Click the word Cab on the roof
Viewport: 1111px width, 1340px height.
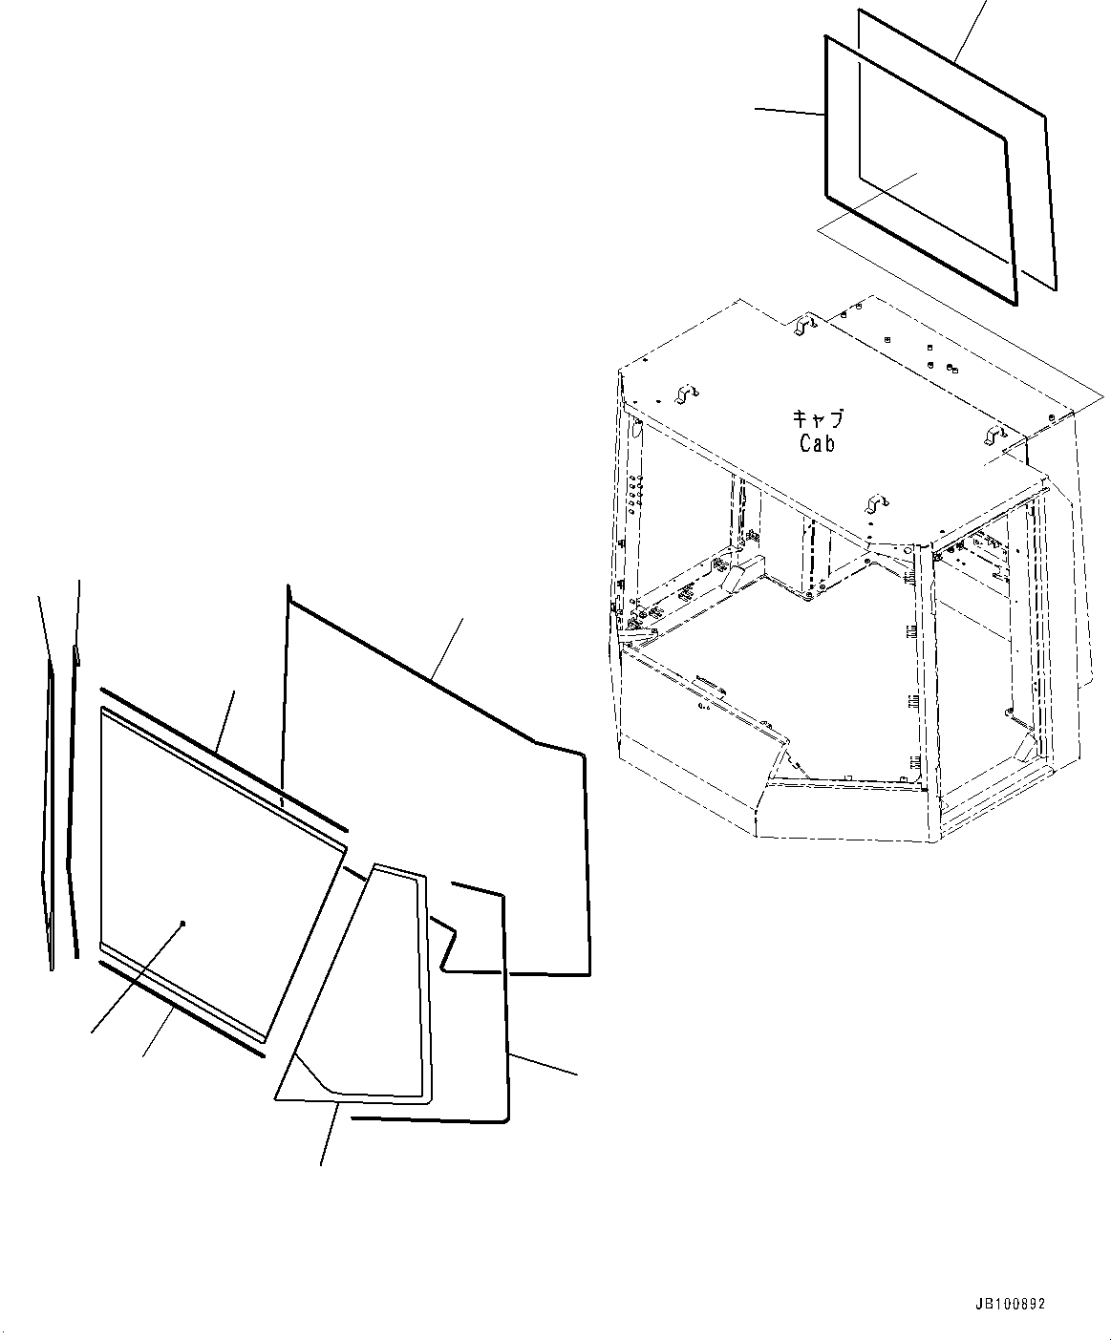pos(817,443)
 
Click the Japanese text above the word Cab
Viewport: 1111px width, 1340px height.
pos(817,418)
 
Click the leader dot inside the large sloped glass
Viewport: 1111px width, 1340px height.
pos(182,924)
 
